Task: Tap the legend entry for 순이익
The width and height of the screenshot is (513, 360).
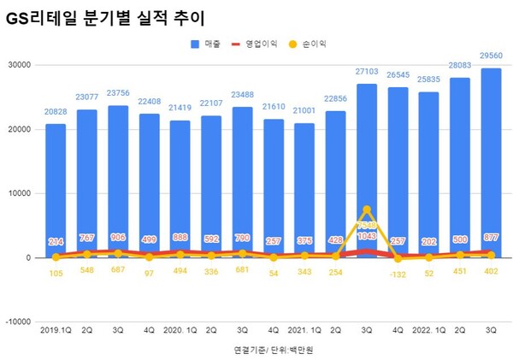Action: pyautogui.click(x=310, y=43)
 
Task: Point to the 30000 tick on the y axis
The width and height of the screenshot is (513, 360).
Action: pyautogui.click(x=19, y=65)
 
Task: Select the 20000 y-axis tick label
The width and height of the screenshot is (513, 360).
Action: pyautogui.click(x=19, y=129)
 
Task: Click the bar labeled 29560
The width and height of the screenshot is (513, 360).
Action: pyautogui.click(x=490, y=162)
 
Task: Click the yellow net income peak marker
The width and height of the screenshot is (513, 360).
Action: pyautogui.click(x=367, y=210)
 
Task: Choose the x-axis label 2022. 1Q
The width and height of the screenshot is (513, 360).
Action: pyautogui.click(x=427, y=328)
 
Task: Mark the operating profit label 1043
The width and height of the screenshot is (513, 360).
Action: pyautogui.click(x=367, y=236)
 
